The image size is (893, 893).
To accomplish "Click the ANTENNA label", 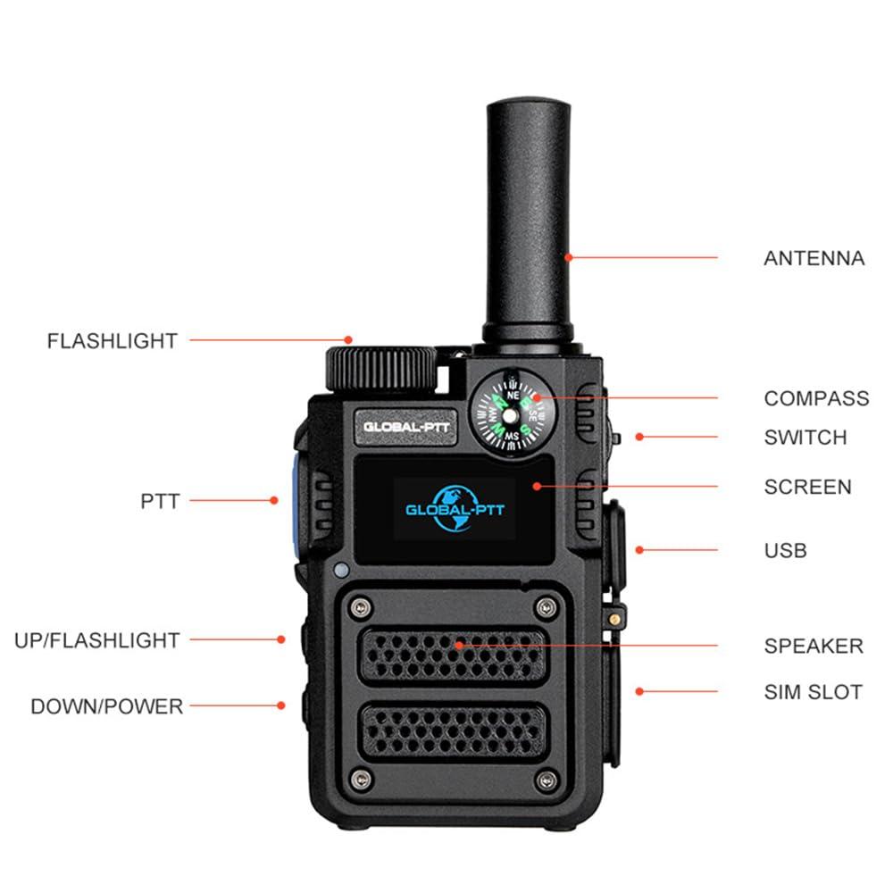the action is coord(814,258).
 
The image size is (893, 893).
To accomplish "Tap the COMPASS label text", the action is coord(817,398).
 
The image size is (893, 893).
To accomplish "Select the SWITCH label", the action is coord(805,438).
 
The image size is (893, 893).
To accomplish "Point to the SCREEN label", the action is coord(807,487).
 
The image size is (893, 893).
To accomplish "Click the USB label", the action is coord(785,551).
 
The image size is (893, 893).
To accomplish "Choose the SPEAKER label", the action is coord(814,646).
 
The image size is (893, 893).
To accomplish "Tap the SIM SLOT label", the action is coord(814,692).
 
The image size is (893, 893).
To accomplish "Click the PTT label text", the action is coord(160,501).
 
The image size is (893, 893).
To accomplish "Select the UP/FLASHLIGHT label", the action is coord(96,640).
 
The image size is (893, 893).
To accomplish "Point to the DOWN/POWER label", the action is coord(106,706).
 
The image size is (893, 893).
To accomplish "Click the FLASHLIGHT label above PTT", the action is coord(113,340).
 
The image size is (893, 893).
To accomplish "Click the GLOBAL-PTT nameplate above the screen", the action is coord(406,427).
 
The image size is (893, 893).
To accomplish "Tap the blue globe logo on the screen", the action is coord(455,509).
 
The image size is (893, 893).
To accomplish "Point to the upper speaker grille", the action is coord(454,655).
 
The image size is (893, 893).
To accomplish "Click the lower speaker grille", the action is coord(454,732).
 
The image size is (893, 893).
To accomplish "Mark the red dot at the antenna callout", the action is coord(568,257).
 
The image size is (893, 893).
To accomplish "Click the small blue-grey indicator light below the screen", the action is coord(341,570).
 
